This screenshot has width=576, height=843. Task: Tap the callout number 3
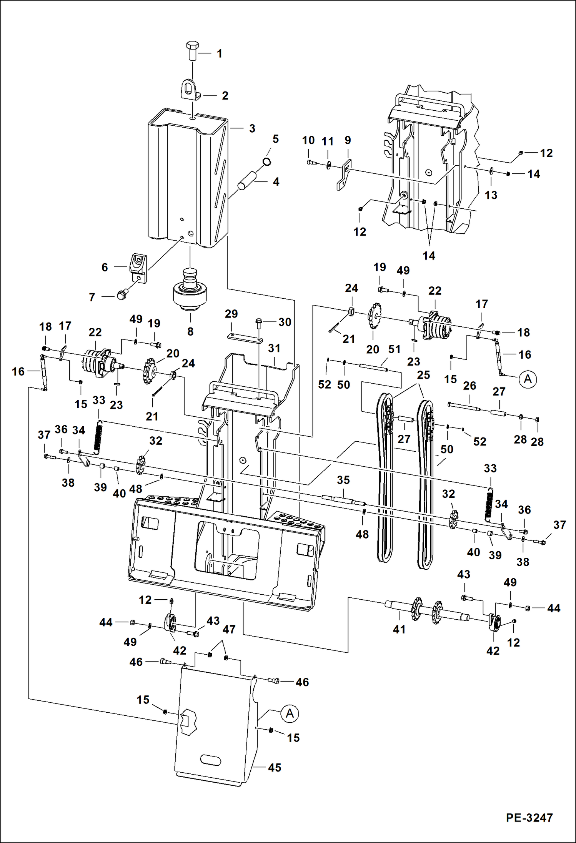point(252,128)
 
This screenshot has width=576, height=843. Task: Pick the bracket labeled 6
point(138,268)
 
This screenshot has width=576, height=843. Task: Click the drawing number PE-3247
point(529,818)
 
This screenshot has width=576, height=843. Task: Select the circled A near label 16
point(528,379)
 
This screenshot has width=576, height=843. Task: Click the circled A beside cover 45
point(290,713)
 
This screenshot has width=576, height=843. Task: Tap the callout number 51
point(394,349)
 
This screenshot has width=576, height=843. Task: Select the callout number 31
point(274,348)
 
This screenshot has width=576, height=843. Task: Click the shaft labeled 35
point(343,500)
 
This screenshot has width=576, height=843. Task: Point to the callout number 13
point(491,195)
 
